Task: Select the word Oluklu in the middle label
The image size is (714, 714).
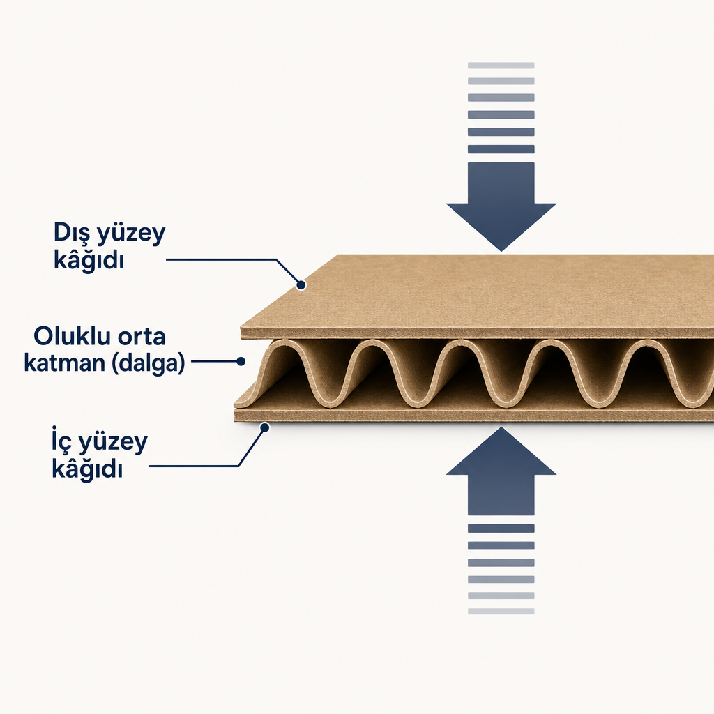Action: point(72,337)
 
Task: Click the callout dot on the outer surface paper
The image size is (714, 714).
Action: point(301,285)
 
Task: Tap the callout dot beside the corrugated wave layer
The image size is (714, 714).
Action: point(241,362)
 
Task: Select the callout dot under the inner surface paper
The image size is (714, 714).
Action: point(264,427)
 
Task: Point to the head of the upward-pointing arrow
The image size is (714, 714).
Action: point(501,451)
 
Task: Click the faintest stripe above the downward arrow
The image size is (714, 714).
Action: point(501,66)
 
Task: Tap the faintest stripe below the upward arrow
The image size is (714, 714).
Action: point(501,611)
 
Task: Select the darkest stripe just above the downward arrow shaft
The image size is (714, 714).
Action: point(501,149)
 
